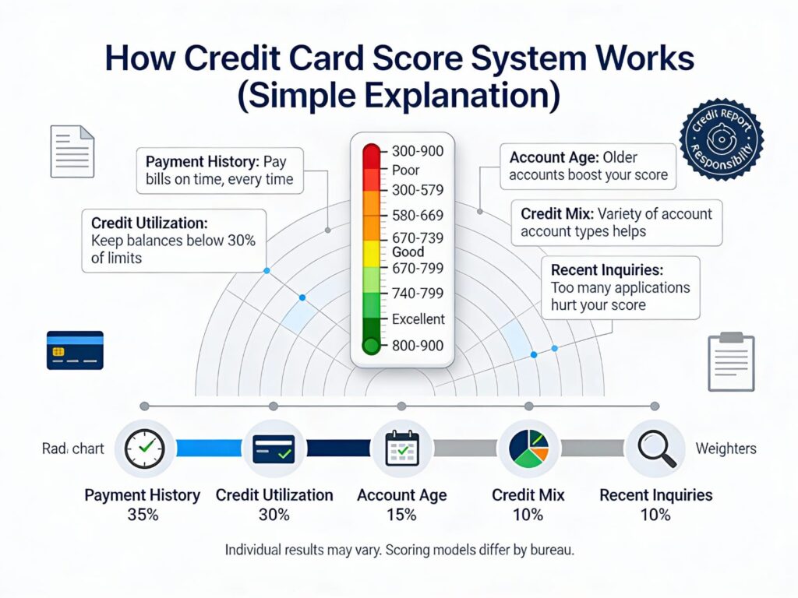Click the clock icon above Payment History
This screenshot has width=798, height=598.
(145, 449)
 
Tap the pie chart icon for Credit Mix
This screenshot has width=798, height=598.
(528, 449)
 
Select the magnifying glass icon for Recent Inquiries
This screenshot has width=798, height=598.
(655, 449)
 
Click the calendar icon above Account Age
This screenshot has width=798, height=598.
(402, 449)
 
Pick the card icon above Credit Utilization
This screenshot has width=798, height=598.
(274, 449)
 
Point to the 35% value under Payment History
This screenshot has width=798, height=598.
(142, 515)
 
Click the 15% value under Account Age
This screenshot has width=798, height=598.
(401, 515)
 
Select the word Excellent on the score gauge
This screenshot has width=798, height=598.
(418, 319)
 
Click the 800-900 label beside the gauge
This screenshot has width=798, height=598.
(417, 345)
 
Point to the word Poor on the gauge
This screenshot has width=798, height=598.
(405, 170)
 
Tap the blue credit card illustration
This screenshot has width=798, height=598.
(75, 350)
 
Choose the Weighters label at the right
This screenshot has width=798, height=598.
(725, 449)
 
